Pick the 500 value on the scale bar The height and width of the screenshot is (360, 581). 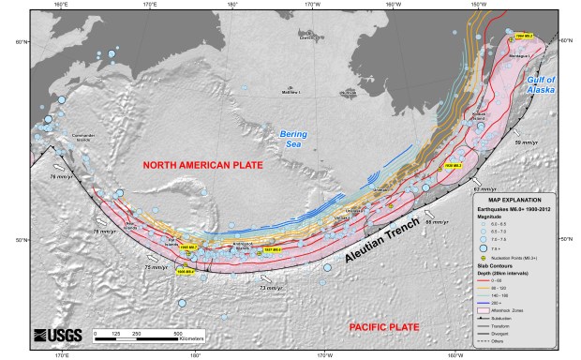click(x=178, y=334)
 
